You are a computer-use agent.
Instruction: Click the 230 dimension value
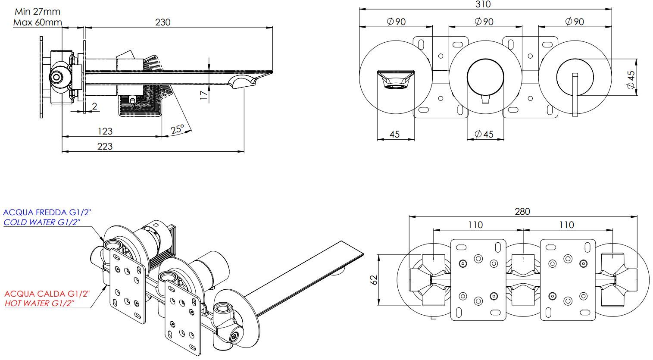click(x=163, y=22)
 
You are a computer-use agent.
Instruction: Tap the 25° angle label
click(x=177, y=129)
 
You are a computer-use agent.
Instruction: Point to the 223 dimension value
click(x=105, y=146)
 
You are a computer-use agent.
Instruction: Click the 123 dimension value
click(x=105, y=131)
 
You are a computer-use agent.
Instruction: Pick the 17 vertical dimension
click(x=204, y=95)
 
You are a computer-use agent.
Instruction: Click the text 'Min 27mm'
click(x=37, y=12)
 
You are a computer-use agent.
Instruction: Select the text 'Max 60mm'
click(x=37, y=22)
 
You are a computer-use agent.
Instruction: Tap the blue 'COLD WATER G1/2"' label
click(x=42, y=222)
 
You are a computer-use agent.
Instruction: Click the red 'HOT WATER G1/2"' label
click(x=40, y=303)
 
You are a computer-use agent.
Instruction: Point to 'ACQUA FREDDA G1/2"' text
click(x=47, y=213)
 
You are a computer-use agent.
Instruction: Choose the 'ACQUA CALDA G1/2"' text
click(x=47, y=294)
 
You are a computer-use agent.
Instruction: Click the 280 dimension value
click(x=522, y=211)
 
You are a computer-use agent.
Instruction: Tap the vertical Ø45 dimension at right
click(x=631, y=80)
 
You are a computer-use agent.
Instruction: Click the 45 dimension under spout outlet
click(x=394, y=134)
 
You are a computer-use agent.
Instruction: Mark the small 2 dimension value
click(x=94, y=106)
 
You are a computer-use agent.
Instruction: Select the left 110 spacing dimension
click(x=475, y=225)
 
